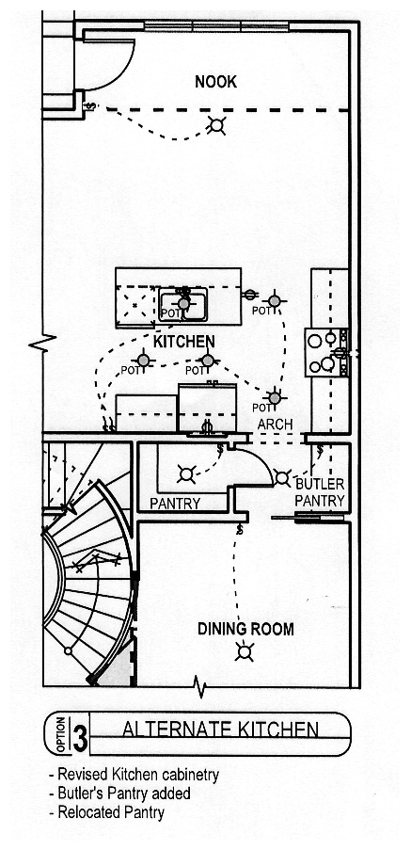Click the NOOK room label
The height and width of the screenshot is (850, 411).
pos(215,82)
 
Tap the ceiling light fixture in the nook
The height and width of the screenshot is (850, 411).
pos(216,126)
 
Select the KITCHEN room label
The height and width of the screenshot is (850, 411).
pos(184,342)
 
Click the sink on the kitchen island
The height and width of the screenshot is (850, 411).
pos(183,304)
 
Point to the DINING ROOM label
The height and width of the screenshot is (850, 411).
pos(245,630)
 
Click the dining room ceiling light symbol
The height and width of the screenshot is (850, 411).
pos(245,651)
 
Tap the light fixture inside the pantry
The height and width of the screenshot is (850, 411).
pos(186,474)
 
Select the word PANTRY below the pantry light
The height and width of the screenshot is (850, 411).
pos(175,504)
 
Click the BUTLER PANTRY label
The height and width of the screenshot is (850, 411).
pos(320,492)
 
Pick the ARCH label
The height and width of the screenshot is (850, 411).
pos(275,425)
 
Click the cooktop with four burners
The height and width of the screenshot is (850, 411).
pos(326,352)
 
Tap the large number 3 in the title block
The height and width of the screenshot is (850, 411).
pos(79,734)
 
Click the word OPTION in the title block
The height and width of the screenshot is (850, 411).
pos(60,734)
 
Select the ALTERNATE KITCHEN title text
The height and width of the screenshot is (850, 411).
pos(220,730)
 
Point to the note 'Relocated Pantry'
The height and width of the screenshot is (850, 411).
pos(106,812)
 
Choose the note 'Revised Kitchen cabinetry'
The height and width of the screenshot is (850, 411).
pos(134,776)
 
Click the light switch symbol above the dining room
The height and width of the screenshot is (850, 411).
pos(239,529)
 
